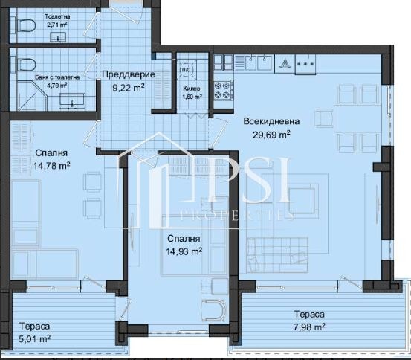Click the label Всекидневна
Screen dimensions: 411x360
point(271,121)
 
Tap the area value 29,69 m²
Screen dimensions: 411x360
point(271,135)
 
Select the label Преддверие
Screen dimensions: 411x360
point(129,74)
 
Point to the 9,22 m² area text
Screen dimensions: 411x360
point(129,87)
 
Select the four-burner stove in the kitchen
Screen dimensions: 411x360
point(223,91)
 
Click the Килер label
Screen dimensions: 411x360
point(192,89)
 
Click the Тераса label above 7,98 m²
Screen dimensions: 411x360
point(309,314)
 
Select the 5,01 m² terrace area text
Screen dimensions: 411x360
point(35,338)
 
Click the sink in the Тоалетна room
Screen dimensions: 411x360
point(58,37)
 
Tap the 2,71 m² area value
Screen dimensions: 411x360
point(57,25)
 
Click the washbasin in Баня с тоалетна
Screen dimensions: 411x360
point(72,100)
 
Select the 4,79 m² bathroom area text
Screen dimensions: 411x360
point(57,86)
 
